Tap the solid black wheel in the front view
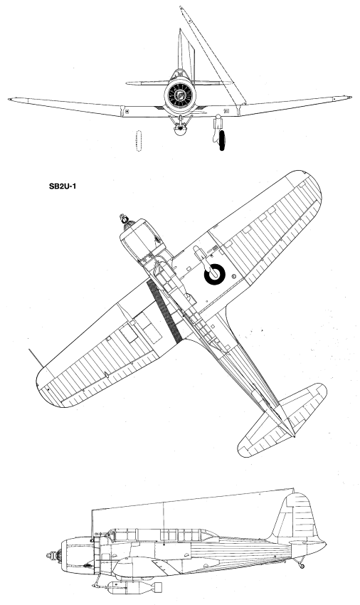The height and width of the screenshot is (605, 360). pos(222,140)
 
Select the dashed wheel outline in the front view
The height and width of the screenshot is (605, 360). pos(139,141)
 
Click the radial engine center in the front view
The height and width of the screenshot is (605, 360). pos(180,95)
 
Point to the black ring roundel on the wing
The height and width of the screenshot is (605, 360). pos(215,274)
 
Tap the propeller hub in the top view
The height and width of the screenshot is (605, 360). pos(125,219)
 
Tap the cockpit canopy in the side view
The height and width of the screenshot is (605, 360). pos(162,535)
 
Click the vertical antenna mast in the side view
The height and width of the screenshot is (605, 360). pos(164,523)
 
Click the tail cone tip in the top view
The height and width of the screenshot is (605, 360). pos(294,436)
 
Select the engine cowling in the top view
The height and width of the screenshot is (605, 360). pos(141,237)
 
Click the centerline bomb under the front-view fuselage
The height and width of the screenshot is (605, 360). pos(179,129)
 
